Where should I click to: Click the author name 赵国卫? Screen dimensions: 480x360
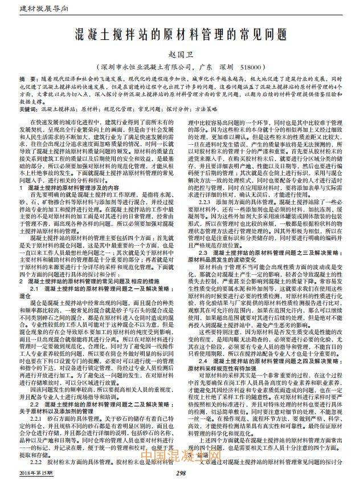pos(180,54)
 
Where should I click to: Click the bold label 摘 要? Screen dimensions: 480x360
pos(26,78)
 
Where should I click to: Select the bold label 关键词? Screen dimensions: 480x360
pos(29,108)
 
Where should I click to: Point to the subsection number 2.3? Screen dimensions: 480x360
pos(202,251)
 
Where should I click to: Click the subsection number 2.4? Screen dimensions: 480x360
pos(202,361)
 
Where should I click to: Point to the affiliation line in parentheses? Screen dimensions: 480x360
pos(180,67)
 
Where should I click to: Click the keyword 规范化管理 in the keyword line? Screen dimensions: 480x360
pos(116,108)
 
